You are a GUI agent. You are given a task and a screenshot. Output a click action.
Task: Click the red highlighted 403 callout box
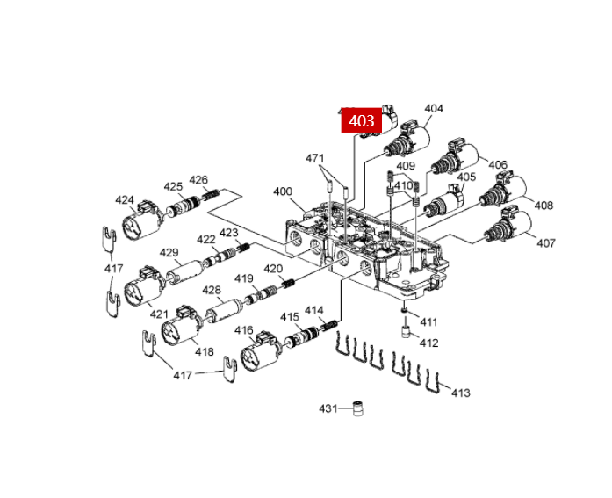tap(362, 120)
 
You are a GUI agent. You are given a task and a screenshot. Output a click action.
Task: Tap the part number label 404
tap(434, 109)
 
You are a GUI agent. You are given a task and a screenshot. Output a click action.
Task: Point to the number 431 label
tap(328, 408)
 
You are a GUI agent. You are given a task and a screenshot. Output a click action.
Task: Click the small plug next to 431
tap(357, 408)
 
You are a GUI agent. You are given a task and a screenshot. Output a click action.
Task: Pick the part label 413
tap(461, 393)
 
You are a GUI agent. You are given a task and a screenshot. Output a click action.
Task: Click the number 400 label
tap(283, 191)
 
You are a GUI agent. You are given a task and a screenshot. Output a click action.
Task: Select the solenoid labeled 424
tap(140, 220)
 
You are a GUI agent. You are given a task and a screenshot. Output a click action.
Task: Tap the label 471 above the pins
tap(314, 158)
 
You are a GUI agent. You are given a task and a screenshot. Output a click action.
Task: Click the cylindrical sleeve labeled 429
tap(184, 271)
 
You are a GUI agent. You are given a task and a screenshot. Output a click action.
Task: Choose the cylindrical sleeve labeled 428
tap(224, 310)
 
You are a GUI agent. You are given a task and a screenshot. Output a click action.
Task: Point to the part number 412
tap(428, 343)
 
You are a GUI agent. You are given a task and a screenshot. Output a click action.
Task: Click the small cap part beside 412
tap(407, 331)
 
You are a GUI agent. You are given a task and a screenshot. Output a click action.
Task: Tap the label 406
tap(498, 165)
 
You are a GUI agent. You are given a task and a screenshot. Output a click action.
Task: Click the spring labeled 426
tap(211, 193)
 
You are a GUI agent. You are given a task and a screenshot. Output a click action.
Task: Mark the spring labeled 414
tap(329, 325)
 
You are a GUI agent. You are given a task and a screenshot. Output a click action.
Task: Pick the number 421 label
tap(159, 314)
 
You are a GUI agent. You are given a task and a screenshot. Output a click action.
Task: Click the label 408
tap(544, 205)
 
